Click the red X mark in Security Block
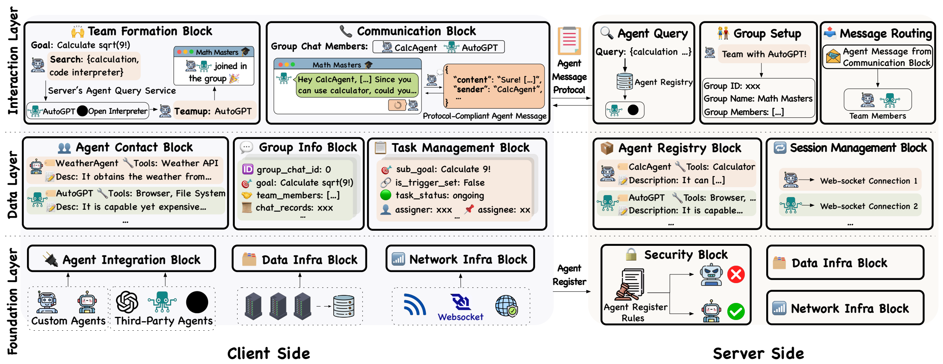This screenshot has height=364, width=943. pos(736,274)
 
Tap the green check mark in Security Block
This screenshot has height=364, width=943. pos(736,311)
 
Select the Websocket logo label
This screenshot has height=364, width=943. pos(460,317)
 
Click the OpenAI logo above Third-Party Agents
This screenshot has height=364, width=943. pos(127,302)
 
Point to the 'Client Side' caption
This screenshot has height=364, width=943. pos(269,353)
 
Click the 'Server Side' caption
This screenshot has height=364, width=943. pos(758,353)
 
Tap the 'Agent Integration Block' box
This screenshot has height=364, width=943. pos(122,259)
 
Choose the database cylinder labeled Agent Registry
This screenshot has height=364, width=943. pos(624,81)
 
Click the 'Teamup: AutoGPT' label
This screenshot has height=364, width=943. pos(213,111)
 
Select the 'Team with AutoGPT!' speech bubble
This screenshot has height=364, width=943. pos(764,54)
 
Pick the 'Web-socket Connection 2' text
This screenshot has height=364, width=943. pos(869,206)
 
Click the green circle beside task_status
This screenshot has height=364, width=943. pos(386,195)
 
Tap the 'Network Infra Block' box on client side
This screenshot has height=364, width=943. pos(460,259)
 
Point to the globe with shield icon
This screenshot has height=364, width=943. pos(506,306)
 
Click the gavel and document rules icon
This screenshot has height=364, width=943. pos(629,284)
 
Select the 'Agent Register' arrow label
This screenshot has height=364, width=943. pos(569,275)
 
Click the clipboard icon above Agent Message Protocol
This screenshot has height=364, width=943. pos(569,41)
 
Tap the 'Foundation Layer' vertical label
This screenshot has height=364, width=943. pos(13,301)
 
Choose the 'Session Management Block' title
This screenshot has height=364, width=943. pos(858,148)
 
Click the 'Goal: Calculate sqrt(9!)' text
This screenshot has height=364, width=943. pos(81,45)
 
